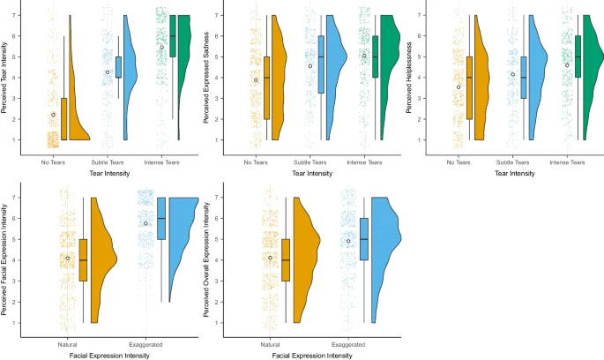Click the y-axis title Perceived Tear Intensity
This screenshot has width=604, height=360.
pos(6,78)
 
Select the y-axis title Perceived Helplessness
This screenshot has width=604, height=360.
pos(409,78)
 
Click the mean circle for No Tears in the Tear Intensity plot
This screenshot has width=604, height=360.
pos(53,115)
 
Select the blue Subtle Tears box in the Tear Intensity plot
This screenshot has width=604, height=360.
pos(118,68)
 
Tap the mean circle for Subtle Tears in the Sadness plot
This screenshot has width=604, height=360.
pos(310,66)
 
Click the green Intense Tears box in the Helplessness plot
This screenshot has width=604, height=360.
pos(577,56)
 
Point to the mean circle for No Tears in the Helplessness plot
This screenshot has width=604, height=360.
pos(459,86)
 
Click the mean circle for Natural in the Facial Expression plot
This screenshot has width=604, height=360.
pos(67,258)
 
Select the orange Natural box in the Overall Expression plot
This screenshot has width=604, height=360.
pos(285,259)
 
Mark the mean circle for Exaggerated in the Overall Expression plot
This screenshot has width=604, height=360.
pos(348,241)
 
